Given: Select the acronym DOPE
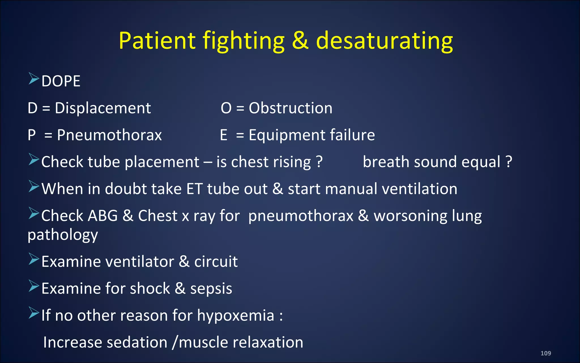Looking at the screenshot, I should point(61,81).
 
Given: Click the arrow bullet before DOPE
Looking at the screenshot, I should point(33,79).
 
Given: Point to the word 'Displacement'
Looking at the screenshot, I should point(103,108).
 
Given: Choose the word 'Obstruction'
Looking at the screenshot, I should point(291,108).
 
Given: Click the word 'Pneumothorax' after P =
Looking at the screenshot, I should point(109,135).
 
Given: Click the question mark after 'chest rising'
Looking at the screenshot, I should point(319,162).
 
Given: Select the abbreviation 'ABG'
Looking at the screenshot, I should point(103,216).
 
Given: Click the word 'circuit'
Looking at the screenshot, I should point(216,261).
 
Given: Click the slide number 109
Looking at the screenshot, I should point(545,353).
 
